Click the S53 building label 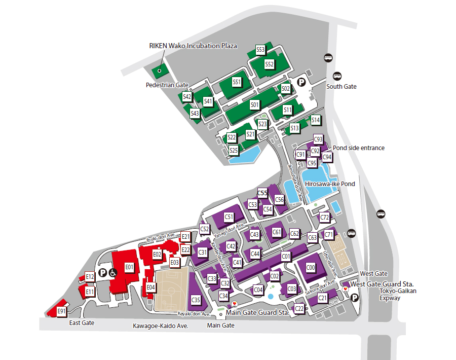(260, 50)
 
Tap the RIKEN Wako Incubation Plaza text (193, 46)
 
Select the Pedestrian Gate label (167, 85)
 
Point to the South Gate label (341, 87)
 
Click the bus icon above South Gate (329, 58)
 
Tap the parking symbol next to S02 (301, 82)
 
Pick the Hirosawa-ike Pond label (329, 184)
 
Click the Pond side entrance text (358, 148)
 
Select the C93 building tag (318, 139)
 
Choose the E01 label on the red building (129, 267)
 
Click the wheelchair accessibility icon (113, 273)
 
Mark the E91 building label (62, 311)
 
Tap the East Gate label (82, 323)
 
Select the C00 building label (311, 267)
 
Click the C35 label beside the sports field (196, 300)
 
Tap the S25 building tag (234, 150)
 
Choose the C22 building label (299, 308)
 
